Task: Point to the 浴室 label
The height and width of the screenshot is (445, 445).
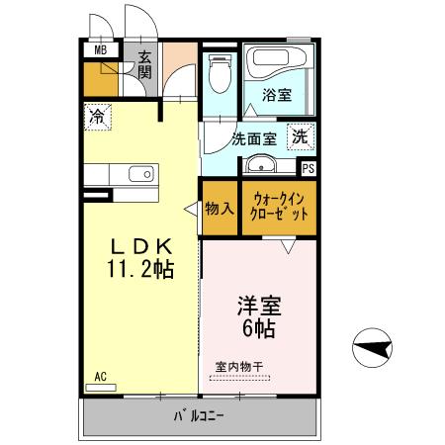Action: [x=277, y=96]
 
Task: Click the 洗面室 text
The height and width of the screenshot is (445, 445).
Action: [x=253, y=139]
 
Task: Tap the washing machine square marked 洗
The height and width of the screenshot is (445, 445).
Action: [x=299, y=136]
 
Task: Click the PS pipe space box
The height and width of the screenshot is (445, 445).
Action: [x=308, y=168]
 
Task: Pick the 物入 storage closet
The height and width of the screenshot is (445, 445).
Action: [x=219, y=209]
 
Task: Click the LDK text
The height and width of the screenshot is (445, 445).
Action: [x=140, y=246]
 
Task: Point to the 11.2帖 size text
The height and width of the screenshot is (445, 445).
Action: [x=140, y=268]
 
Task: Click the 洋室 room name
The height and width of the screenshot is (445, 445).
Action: [x=259, y=306]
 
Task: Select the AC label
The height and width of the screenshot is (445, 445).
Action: [x=101, y=376]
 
